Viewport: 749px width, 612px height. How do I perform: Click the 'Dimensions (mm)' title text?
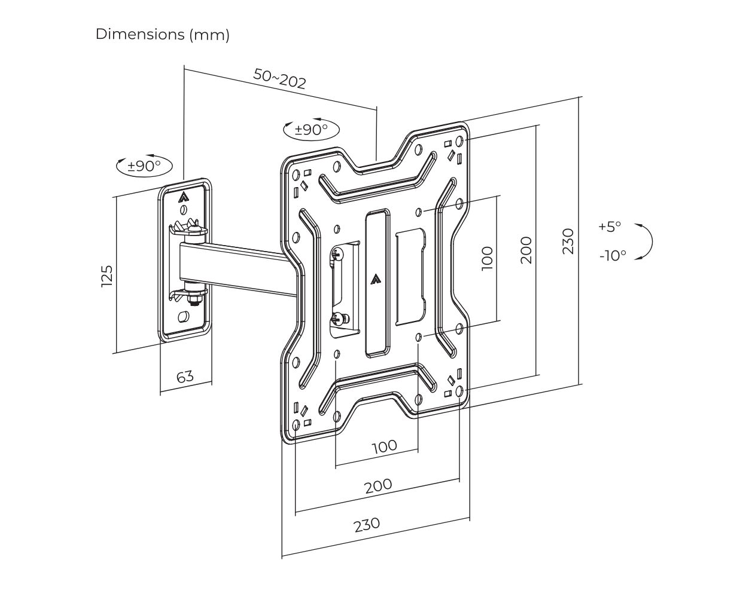tap(162, 35)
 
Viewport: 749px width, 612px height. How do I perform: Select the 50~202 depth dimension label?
tap(279, 78)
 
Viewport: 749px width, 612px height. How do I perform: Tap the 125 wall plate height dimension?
tap(107, 276)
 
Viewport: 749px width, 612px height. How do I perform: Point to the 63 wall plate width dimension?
tap(185, 377)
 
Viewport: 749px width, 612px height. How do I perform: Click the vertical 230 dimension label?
tap(568, 241)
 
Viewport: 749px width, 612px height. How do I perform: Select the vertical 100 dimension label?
tap(488, 258)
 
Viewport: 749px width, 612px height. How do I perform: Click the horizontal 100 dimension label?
tap(384, 446)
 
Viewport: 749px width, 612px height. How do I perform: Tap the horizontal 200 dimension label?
tap(379, 485)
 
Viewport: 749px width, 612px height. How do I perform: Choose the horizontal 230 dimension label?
tap(367, 525)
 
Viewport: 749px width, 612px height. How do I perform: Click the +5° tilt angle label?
tap(610, 227)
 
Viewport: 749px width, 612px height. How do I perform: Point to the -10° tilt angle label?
tap(613, 255)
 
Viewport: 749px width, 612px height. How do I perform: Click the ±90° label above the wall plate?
tap(144, 166)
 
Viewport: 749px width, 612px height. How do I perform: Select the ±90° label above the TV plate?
tap(311, 129)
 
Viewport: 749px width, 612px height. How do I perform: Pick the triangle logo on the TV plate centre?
tap(376, 278)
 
